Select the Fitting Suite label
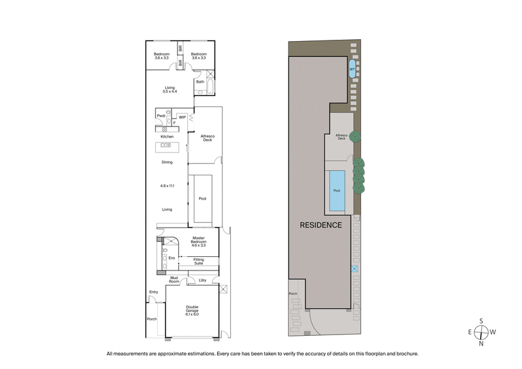[x=198, y=261]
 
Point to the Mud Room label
[x=174, y=278]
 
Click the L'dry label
[x=203, y=280]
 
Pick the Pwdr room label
[x=161, y=116]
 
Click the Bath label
[x=200, y=81]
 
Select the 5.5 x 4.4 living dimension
[x=170, y=92]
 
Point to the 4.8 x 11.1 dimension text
[x=168, y=186]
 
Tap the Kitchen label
[x=168, y=136]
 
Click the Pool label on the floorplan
[x=202, y=198]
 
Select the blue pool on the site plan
[x=337, y=191]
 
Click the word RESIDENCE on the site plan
[x=320, y=225]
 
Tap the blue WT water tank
[x=352, y=68]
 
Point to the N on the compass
[x=481, y=343]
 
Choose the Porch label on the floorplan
[x=151, y=319]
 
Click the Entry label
[x=154, y=291]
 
